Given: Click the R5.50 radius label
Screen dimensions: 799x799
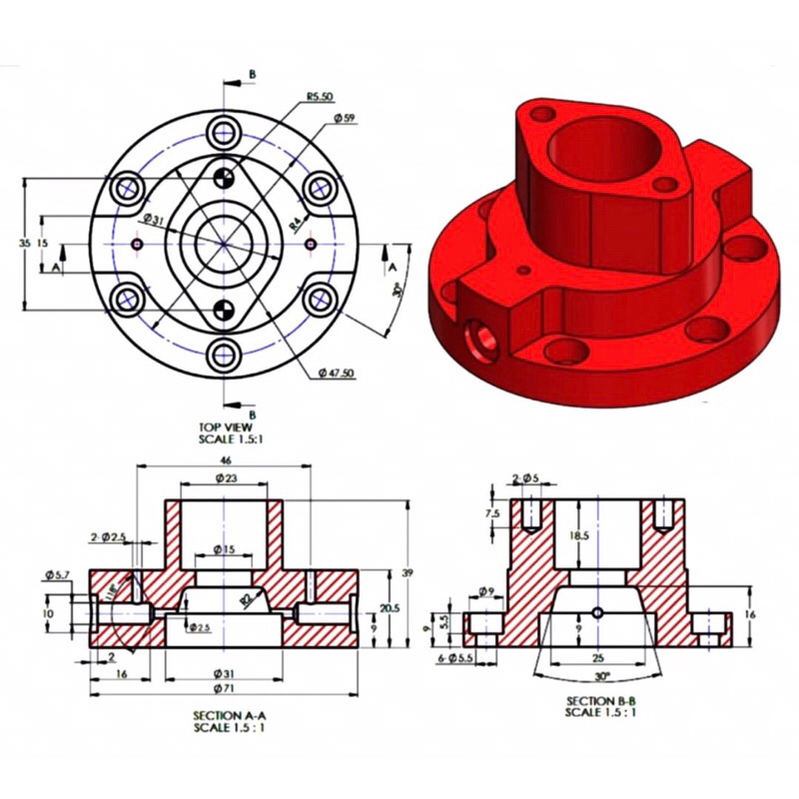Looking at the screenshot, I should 319,98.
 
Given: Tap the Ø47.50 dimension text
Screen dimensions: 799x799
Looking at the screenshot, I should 338,373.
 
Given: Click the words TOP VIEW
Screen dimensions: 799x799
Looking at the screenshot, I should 226,426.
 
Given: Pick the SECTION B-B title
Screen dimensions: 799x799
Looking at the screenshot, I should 600,701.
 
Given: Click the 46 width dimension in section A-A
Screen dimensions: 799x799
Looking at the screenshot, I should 225,458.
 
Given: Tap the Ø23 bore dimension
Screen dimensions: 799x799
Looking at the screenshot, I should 225,479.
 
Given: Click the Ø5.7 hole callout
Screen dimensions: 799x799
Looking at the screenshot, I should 57,574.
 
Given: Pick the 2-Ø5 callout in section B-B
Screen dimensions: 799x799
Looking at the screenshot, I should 525,479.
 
